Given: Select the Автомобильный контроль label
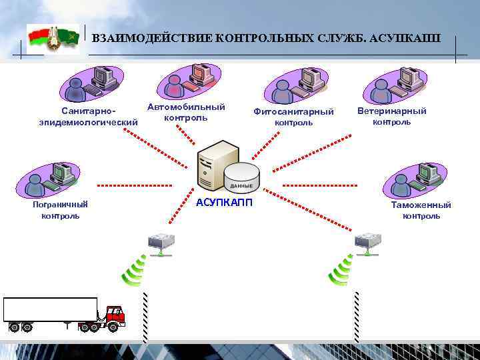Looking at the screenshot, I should pos(186,112).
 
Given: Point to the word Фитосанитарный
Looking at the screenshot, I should pos(293,111).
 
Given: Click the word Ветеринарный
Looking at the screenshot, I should pos(392,111).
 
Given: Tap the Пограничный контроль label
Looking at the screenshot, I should pos(61,209).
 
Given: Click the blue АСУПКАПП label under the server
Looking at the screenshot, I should pos(225,203).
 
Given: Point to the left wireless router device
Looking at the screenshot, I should pos(161,243).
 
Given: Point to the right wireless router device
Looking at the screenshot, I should pos(367,243).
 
